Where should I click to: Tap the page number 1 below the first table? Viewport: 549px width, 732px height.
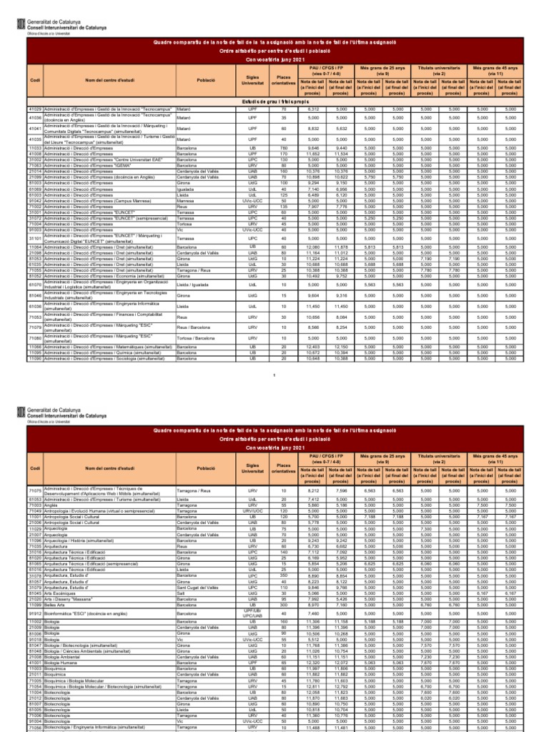click(274, 375)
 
